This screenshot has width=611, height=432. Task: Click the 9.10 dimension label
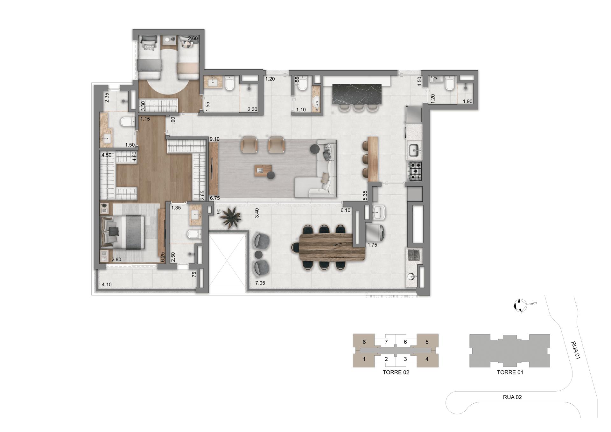(x=214, y=139)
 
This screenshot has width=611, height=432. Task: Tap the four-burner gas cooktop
(x=415, y=172)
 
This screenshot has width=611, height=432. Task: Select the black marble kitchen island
(x=356, y=94)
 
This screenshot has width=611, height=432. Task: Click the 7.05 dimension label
(x=260, y=283)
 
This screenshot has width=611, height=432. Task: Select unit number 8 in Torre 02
(x=364, y=342)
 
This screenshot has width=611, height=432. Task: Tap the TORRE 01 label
(x=510, y=372)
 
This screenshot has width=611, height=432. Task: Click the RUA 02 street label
(x=512, y=397)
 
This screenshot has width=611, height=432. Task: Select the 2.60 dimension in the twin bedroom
(x=193, y=38)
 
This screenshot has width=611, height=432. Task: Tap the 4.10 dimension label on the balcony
(x=107, y=285)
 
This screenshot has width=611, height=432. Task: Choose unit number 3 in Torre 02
(x=405, y=359)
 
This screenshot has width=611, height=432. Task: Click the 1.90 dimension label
(x=467, y=101)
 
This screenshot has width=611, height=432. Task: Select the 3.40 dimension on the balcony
(x=257, y=213)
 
